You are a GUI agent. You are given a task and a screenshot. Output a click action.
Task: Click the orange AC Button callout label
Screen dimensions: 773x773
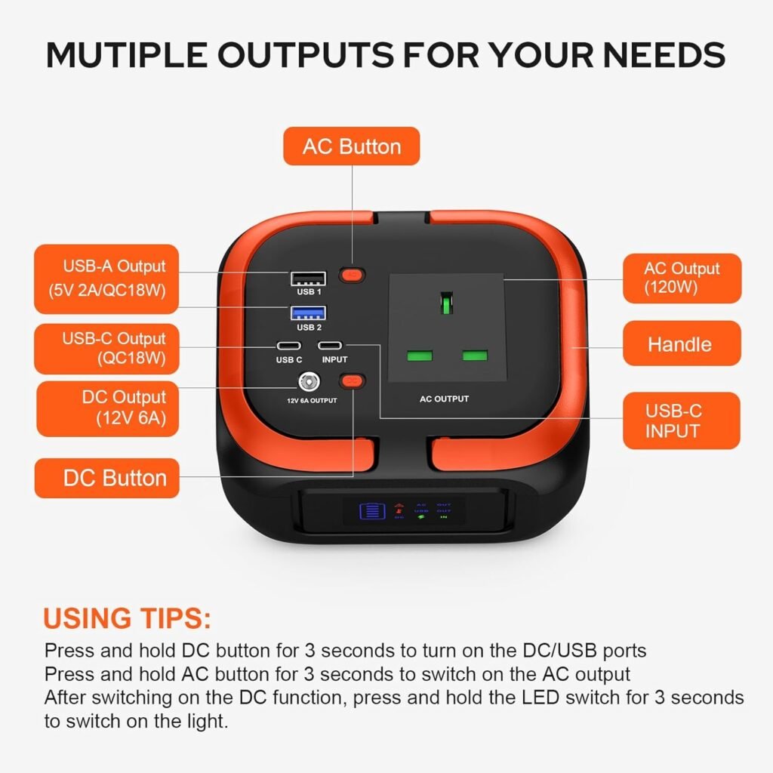pos(351,146)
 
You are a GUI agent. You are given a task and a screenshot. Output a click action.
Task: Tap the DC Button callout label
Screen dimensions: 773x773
pos(106,478)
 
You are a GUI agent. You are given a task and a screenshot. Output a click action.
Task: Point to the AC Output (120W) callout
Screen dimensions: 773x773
pos(681,278)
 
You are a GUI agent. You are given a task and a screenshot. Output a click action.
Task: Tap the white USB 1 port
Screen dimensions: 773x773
pos(308,279)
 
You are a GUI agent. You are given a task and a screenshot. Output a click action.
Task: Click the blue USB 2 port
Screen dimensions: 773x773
pos(308,312)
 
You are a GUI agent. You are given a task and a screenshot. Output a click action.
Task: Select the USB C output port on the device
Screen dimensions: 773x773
pos(288,346)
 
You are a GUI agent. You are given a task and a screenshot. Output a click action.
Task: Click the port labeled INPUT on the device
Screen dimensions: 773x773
pos(334,346)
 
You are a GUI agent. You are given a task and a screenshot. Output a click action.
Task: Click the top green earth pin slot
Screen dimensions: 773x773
pos(447,303)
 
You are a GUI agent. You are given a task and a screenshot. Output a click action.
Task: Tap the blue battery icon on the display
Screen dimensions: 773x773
pos(371,511)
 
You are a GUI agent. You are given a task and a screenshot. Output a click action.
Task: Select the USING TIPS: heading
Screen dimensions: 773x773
pos(127,618)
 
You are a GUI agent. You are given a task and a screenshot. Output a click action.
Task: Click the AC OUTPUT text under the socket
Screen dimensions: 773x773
pos(445,399)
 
